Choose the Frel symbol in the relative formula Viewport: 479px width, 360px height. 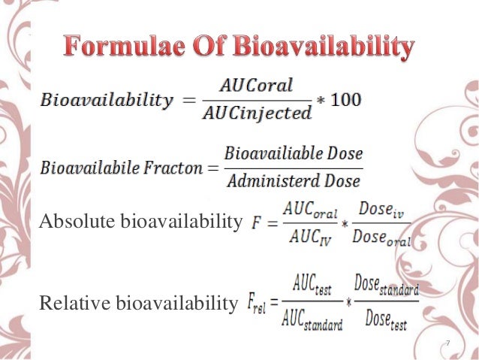258,304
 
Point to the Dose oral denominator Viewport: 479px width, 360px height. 379,239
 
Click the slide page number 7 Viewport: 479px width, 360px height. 448,344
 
